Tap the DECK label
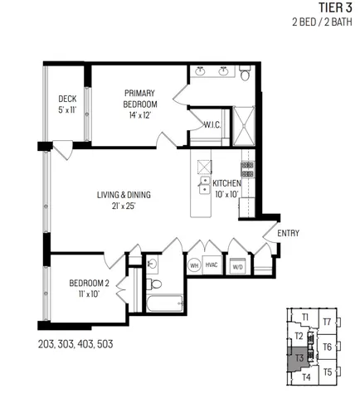point(67,104)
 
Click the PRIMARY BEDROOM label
point(140,99)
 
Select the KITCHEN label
point(226,188)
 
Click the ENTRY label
point(288,233)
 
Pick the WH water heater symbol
point(193,265)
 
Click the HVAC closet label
point(212,265)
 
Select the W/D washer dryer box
point(237,266)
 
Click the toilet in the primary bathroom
point(245,75)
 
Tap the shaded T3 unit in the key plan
point(300,358)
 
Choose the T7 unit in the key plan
point(327,322)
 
